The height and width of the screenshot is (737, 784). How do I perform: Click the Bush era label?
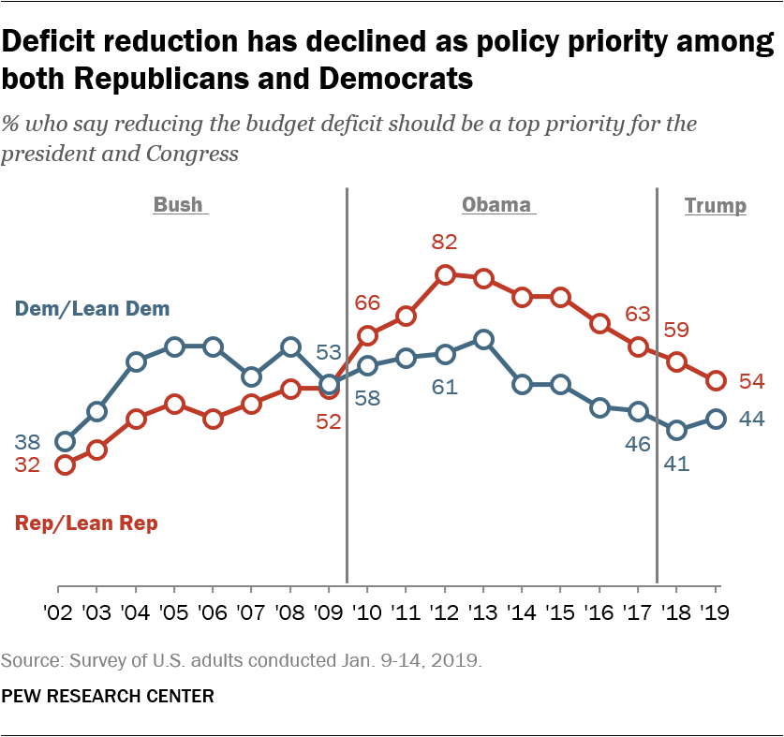[178, 205]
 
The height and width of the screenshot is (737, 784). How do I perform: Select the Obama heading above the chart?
[496, 205]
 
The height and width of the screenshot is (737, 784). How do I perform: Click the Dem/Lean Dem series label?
[92, 308]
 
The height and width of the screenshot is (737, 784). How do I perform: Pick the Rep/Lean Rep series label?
[86, 523]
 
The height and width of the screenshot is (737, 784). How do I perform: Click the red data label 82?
[445, 243]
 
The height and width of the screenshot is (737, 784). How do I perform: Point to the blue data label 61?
[445, 386]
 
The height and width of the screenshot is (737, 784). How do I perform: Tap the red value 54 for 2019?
[750, 380]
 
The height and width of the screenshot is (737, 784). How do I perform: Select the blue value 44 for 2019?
[750, 420]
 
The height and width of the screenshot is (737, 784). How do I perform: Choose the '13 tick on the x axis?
[483, 614]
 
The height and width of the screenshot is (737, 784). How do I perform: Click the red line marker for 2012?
[445, 274]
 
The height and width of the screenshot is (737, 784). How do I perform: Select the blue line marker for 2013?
[483, 339]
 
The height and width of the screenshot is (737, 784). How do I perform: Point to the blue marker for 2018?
[677, 430]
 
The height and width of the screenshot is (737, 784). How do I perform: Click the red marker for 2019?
[717, 380]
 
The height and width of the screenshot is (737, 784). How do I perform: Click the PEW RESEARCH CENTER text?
[108, 697]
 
